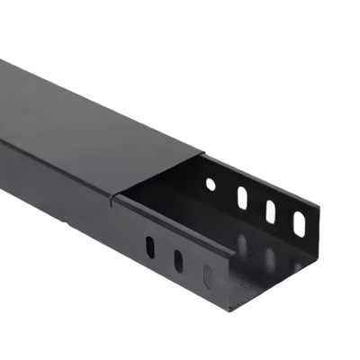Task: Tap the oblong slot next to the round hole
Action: click(241, 197)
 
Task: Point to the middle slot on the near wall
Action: click(178, 262)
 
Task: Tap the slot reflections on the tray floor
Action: click(261, 252)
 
